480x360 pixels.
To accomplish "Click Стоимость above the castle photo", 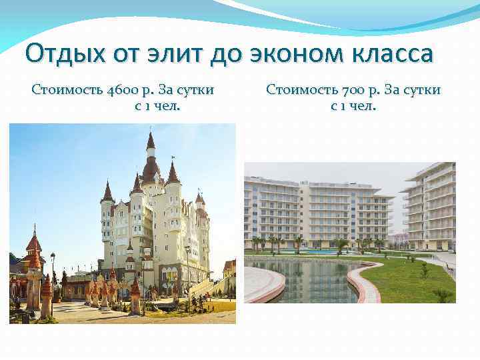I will [65, 90].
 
